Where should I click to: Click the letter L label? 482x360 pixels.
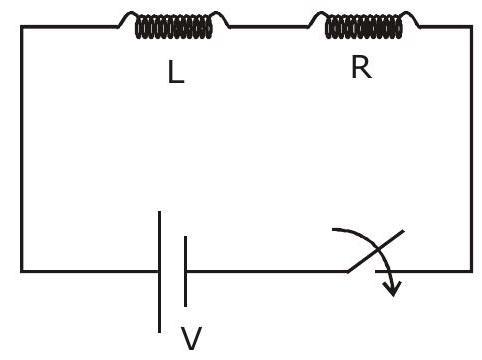tap(176, 72)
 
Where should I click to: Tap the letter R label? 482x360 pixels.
tap(362, 67)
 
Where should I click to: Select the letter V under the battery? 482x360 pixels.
tap(191, 338)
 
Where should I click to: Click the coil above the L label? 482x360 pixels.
tap(173, 27)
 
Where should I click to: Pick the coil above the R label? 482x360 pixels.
tap(364, 27)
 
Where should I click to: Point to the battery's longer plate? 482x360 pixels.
tap(160, 272)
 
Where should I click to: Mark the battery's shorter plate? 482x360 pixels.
tap(185, 271)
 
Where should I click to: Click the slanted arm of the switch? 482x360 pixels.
tap(376, 251)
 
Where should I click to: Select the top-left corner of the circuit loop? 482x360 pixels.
tap(22, 27)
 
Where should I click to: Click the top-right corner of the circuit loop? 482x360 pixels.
tap(471, 27)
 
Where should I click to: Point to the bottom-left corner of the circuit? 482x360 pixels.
tap(22, 271)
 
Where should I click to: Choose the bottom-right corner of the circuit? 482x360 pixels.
tap(471, 271)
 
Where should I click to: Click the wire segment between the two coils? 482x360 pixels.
tap(269, 27)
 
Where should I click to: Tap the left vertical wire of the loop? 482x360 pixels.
tap(22, 149)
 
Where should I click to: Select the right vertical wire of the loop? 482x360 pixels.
tap(471, 149)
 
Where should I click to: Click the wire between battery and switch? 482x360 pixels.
tap(267, 271)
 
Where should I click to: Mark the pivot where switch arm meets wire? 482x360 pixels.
tap(348, 271)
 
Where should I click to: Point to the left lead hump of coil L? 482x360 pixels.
tap(128, 18)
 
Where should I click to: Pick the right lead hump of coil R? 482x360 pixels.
tap(411, 18)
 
